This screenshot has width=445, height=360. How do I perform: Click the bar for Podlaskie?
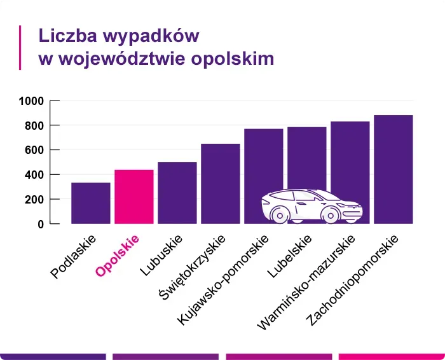[x=90, y=203]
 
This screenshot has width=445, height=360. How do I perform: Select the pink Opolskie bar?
[x=133, y=197]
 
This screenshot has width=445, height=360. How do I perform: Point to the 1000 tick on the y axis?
[x=31, y=101]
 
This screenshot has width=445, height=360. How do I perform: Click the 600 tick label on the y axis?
[x=34, y=150]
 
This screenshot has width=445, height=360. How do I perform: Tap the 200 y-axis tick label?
[x=34, y=200]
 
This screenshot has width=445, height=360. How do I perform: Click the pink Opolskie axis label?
[x=118, y=256]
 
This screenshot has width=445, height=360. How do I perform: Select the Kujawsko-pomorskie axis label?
[x=224, y=280]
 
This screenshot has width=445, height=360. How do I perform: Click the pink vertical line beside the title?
[x=21, y=47]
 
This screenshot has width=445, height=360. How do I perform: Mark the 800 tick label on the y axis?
[x=34, y=126]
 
